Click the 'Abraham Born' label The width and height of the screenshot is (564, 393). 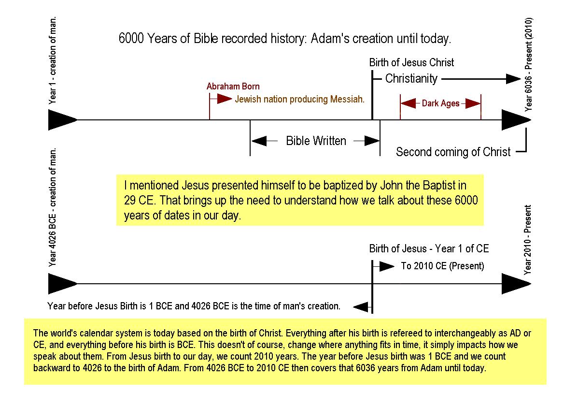tap(233, 87)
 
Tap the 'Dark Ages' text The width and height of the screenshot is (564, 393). tap(440, 103)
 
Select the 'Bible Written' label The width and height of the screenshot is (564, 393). tap(316, 141)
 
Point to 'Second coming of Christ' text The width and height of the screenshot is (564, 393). tap(453, 152)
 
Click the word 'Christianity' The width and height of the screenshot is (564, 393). tap(411, 78)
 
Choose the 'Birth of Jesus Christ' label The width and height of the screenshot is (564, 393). tap(411, 63)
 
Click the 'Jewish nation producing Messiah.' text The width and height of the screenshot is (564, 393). tap(299, 100)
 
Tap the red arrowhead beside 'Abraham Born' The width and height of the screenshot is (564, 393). tap(225, 99)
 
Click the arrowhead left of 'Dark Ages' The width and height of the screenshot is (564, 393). tap(408, 103)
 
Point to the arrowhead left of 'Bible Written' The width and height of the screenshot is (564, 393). tap(259, 141)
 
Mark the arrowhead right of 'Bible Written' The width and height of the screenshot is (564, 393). tap(372, 141)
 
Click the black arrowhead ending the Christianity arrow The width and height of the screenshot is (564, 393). tap(513, 79)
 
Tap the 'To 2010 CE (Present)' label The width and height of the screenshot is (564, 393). tap(442, 266)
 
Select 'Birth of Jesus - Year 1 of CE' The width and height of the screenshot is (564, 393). tap(429, 248)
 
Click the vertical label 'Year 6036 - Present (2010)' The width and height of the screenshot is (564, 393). tap(528, 65)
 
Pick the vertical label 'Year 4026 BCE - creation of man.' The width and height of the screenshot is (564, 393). tap(53, 207)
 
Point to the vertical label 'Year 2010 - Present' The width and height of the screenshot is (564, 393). tap(528, 240)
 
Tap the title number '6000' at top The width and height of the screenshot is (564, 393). tap(131, 39)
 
